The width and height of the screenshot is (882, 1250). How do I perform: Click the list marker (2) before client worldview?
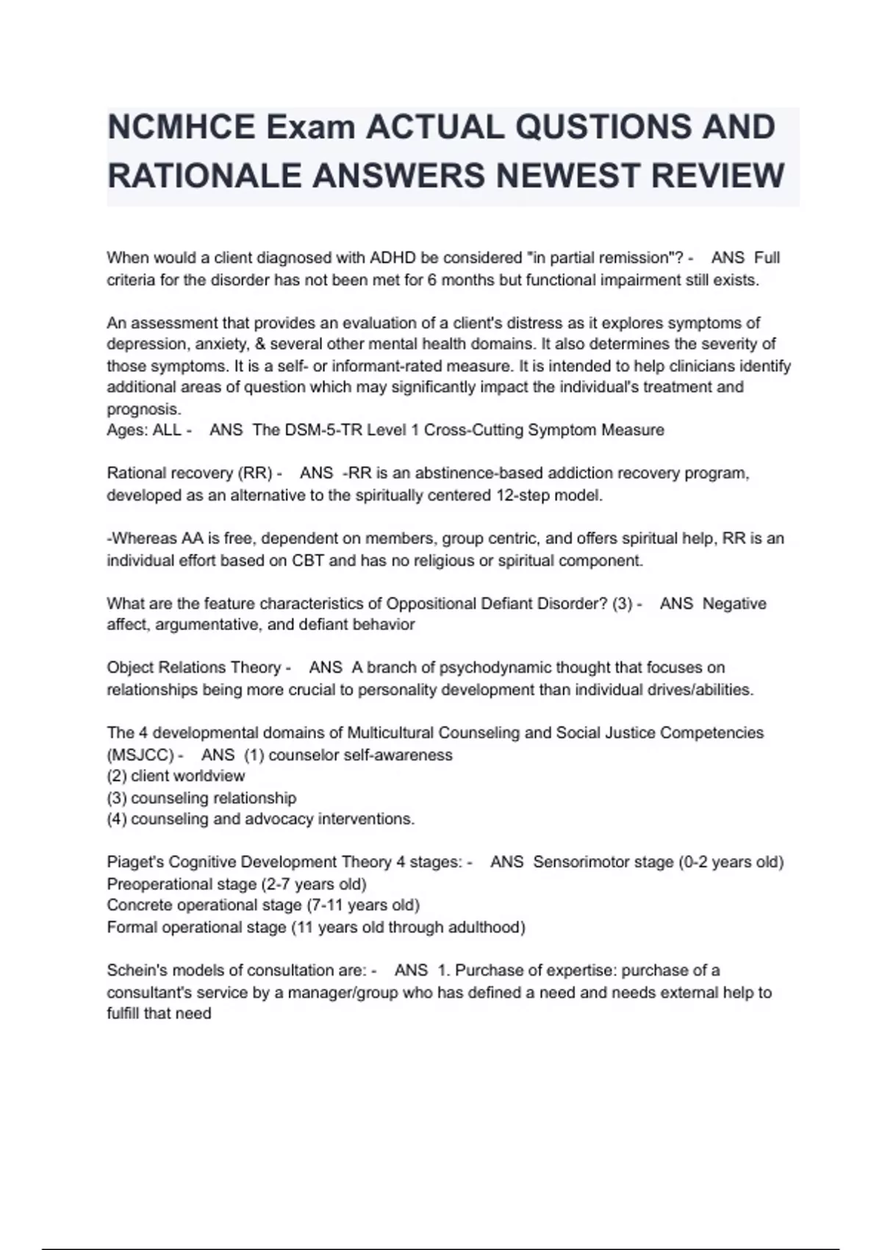117,776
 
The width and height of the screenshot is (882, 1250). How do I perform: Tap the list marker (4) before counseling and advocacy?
117,819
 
